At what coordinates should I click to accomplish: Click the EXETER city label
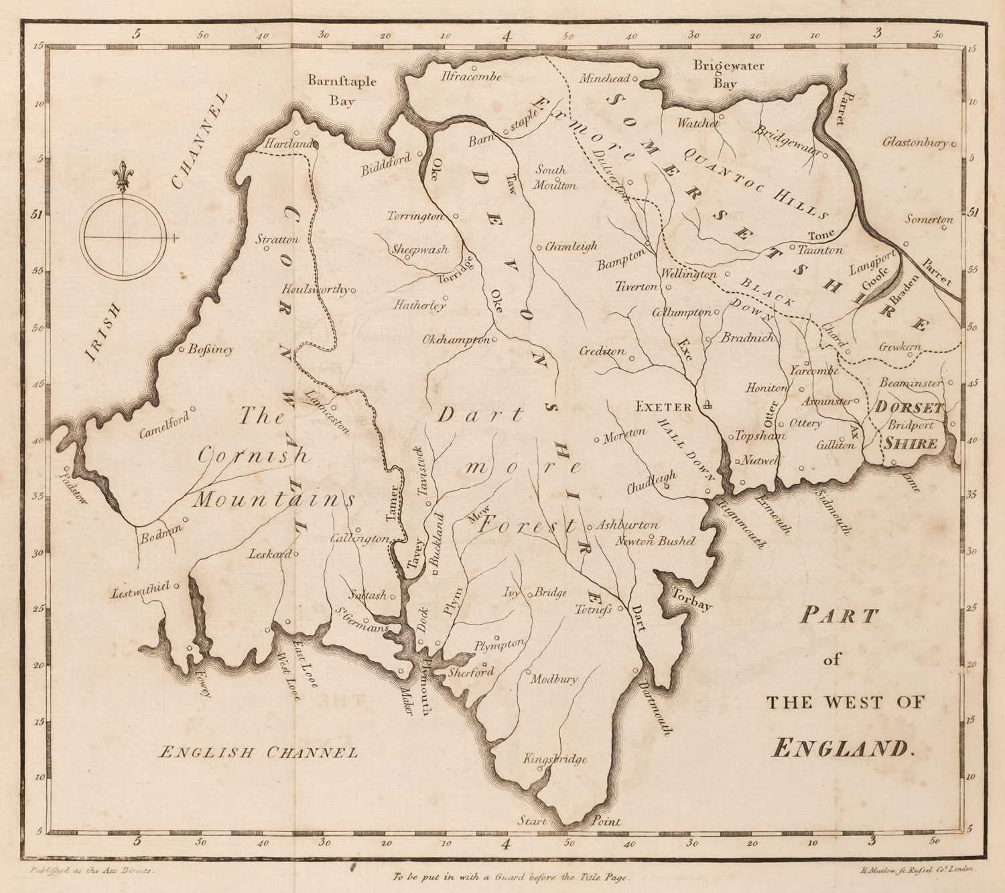coord(663,407)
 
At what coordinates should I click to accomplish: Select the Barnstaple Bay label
coord(342,90)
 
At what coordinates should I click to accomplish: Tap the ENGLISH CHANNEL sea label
coord(257,752)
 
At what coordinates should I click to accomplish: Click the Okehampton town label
coord(456,340)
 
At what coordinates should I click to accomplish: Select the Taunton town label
coord(820,250)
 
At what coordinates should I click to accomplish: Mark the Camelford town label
coord(164,423)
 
